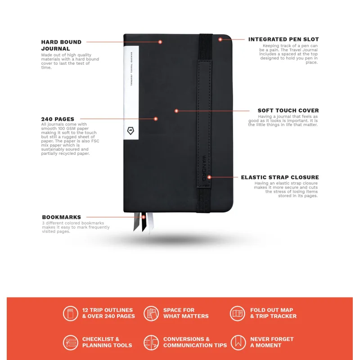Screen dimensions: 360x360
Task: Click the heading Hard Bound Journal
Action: point(61,45)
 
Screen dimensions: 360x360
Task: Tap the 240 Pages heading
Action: point(58,119)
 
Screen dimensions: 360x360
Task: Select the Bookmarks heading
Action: point(62,217)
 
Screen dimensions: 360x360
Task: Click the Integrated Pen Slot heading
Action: point(283,40)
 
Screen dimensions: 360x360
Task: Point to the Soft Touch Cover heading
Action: point(288,110)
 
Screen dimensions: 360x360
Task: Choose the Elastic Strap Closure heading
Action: point(280,177)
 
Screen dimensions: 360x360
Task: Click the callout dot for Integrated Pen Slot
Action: point(220,40)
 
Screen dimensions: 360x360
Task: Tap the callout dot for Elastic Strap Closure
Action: point(209,177)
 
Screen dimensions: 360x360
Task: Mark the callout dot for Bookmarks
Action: point(144,217)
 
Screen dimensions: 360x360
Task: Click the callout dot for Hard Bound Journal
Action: point(160,42)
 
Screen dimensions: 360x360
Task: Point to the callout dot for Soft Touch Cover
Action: point(176,111)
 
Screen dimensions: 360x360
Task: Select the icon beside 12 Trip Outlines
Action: point(71,313)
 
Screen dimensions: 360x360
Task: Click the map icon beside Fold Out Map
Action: point(238,313)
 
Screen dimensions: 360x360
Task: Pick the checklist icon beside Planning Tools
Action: point(71,342)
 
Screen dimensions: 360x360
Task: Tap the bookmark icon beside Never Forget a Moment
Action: point(238,342)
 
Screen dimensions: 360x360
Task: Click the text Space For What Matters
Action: point(186,313)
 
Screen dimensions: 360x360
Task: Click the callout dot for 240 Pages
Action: point(156,119)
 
